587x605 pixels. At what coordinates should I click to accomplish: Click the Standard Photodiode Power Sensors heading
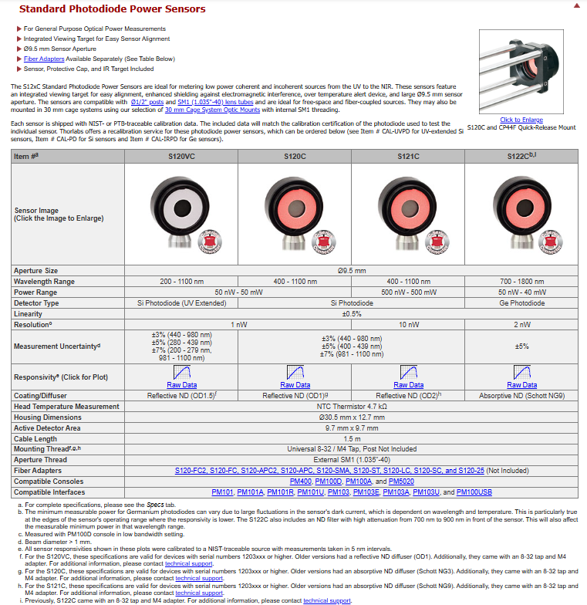coord(112,9)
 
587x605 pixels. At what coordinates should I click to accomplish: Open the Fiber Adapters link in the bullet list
coord(44,58)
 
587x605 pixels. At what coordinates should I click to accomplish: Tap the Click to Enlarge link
coord(521,120)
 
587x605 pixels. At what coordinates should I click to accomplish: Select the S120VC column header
coord(181,156)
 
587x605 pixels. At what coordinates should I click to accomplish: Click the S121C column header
coord(408,156)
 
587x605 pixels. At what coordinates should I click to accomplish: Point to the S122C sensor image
coord(521,211)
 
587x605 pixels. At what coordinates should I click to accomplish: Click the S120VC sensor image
coord(181,211)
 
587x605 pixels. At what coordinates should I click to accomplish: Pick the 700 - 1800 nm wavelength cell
coord(521,282)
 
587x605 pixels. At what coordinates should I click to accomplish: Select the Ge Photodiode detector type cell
coord(521,303)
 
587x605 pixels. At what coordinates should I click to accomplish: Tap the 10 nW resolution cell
coord(408,325)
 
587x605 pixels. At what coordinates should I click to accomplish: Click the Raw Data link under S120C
coord(295,384)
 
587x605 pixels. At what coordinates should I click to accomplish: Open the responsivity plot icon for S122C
coord(521,372)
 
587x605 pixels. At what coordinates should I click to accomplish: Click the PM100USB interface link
coord(474,492)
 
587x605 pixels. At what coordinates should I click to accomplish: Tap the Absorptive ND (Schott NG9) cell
coord(521,395)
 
